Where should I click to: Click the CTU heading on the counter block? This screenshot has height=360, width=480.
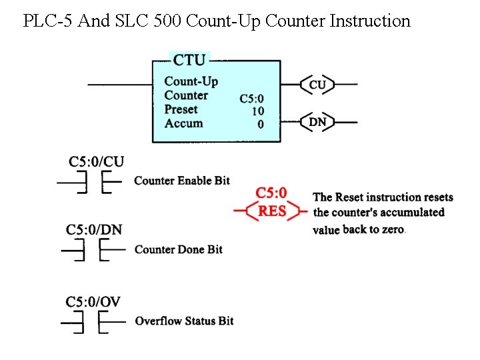[x=190, y=60]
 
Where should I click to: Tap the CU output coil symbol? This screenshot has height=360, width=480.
[x=317, y=85]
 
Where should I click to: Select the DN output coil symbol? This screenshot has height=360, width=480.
[x=317, y=122]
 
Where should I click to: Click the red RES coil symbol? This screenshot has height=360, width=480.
[x=272, y=211]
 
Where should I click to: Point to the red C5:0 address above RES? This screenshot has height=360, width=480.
[x=271, y=193]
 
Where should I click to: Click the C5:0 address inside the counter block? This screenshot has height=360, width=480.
[x=251, y=99]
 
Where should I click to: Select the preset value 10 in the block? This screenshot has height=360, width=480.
[x=257, y=111]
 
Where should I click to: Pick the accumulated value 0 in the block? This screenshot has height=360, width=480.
[x=260, y=124]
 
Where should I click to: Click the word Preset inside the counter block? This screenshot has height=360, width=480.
[x=181, y=109]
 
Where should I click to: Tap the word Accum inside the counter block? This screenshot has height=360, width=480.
[x=183, y=123]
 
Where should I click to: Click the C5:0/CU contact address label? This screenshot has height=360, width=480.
[x=97, y=162]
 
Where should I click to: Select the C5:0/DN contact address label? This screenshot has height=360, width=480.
[x=94, y=230]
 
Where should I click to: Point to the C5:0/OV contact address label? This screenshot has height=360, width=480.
[x=93, y=302]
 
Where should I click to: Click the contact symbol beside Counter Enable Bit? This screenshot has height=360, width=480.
[x=93, y=181]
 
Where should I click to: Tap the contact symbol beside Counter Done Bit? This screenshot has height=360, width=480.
[x=93, y=250]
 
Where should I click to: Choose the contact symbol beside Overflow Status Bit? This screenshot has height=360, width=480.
[x=93, y=322]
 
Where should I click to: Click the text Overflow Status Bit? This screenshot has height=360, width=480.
[x=184, y=321]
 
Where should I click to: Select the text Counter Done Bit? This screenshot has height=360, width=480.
[x=179, y=249]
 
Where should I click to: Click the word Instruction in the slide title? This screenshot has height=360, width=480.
[x=370, y=21]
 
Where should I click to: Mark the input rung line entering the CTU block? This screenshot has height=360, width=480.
[x=120, y=85]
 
